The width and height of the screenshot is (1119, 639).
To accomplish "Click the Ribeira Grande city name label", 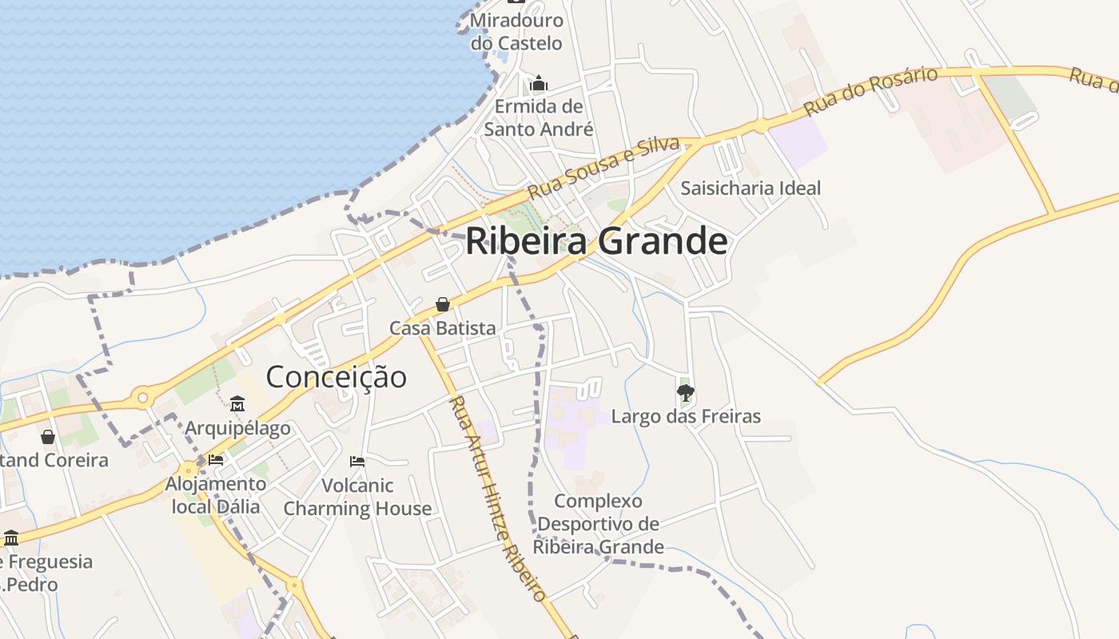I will tap(596, 240).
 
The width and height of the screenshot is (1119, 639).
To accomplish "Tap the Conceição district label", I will tap(336, 376).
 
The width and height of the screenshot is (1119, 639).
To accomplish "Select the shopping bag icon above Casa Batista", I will tap(442, 304).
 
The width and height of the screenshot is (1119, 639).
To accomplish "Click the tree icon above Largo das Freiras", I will tap(685, 392).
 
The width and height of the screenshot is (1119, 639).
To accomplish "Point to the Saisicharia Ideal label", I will tap(751, 189).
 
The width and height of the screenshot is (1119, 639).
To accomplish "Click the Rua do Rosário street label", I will tap(870, 91).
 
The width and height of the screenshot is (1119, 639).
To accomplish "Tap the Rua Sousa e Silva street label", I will tap(603, 168).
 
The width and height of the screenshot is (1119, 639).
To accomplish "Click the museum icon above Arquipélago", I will tap(237, 404).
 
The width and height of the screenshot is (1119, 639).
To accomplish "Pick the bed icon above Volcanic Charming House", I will tap(357, 462).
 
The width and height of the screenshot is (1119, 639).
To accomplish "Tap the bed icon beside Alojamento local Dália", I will tap(216, 460).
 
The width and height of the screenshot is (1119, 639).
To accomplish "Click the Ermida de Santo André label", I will tap(539, 117).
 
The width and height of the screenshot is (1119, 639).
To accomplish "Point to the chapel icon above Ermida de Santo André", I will tap(539, 83).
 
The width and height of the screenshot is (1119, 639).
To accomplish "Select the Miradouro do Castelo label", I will tap(516, 32).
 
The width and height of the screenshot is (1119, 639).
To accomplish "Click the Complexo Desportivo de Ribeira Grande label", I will tap(598, 524).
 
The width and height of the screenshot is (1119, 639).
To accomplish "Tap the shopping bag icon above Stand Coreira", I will tap(48, 437).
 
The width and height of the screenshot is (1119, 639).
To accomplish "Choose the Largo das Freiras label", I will tap(686, 416).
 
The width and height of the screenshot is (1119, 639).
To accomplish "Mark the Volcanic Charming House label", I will tap(357, 497).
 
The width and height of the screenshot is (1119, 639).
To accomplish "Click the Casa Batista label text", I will tap(442, 328).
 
